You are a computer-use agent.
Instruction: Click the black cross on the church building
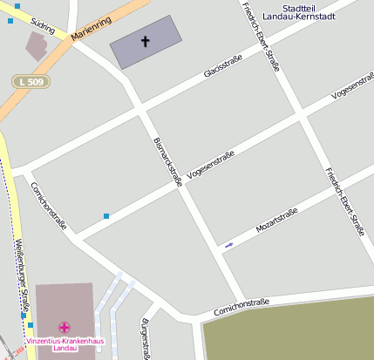(x=145, y=40)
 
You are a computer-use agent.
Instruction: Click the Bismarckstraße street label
(x=167, y=161)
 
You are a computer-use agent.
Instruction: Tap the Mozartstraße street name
(x=276, y=220)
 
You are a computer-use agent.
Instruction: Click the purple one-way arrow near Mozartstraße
(x=228, y=245)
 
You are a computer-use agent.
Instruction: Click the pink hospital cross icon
(x=64, y=327)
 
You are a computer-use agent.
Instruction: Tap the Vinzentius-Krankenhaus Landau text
(x=65, y=344)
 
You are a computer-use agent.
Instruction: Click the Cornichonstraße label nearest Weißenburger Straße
(x=49, y=205)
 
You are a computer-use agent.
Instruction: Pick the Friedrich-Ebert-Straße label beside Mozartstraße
(x=343, y=202)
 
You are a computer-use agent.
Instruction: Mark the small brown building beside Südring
(x=37, y=45)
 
